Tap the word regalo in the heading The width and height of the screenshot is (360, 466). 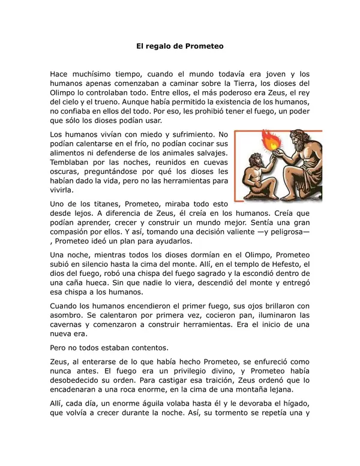point(159,45)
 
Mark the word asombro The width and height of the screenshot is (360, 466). point(68,315)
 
